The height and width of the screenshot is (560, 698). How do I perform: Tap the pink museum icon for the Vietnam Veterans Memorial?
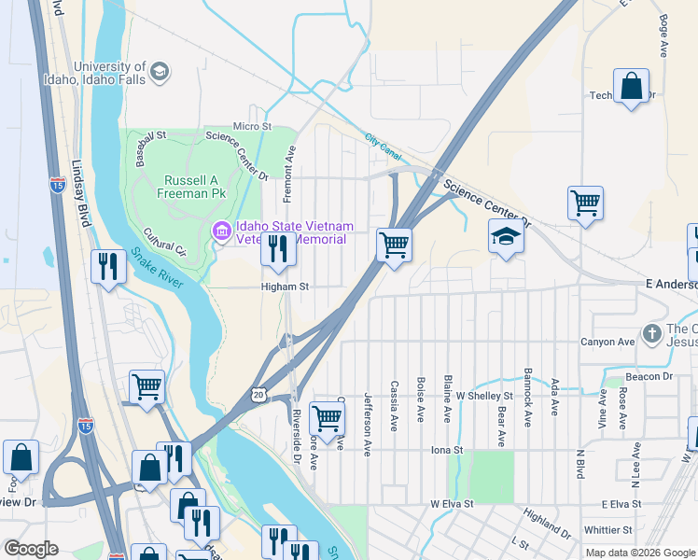tap(221, 231)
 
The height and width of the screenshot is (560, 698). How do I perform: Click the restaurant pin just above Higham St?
tap(276, 248)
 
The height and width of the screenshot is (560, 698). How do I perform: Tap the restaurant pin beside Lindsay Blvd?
tap(109, 267)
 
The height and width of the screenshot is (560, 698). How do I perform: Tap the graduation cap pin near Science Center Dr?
tap(506, 236)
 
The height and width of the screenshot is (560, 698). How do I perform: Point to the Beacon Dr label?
tap(649, 376)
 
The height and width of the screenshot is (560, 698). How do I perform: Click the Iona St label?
tap(446, 450)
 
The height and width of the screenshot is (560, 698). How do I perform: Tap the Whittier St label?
tap(608, 529)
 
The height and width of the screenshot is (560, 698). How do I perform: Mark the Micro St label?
tap(252, 126)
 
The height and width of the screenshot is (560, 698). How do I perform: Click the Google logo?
tap(31, 549)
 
